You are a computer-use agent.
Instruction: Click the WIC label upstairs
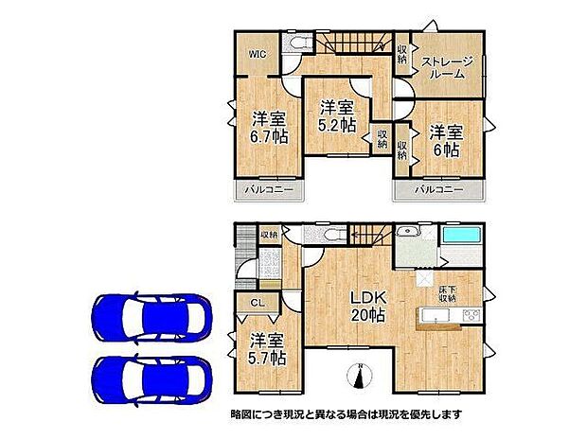click(x=257, y=54)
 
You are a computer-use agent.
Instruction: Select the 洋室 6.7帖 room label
click(x=269, y=127)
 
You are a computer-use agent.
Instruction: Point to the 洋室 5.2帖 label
click(x=336, y=115)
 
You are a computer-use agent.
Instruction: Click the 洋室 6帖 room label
click(x=444, y=140)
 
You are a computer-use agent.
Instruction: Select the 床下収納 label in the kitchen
click(x=447, y=291)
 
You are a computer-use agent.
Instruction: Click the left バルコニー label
click(x=269, y=190)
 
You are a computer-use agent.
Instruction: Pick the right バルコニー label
click(x=438, y=190)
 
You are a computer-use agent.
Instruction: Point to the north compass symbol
click(x=360, y=377)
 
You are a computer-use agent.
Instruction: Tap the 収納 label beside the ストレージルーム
click(x=402, y=54)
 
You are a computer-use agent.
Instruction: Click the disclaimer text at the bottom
click(x=346, y=414)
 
